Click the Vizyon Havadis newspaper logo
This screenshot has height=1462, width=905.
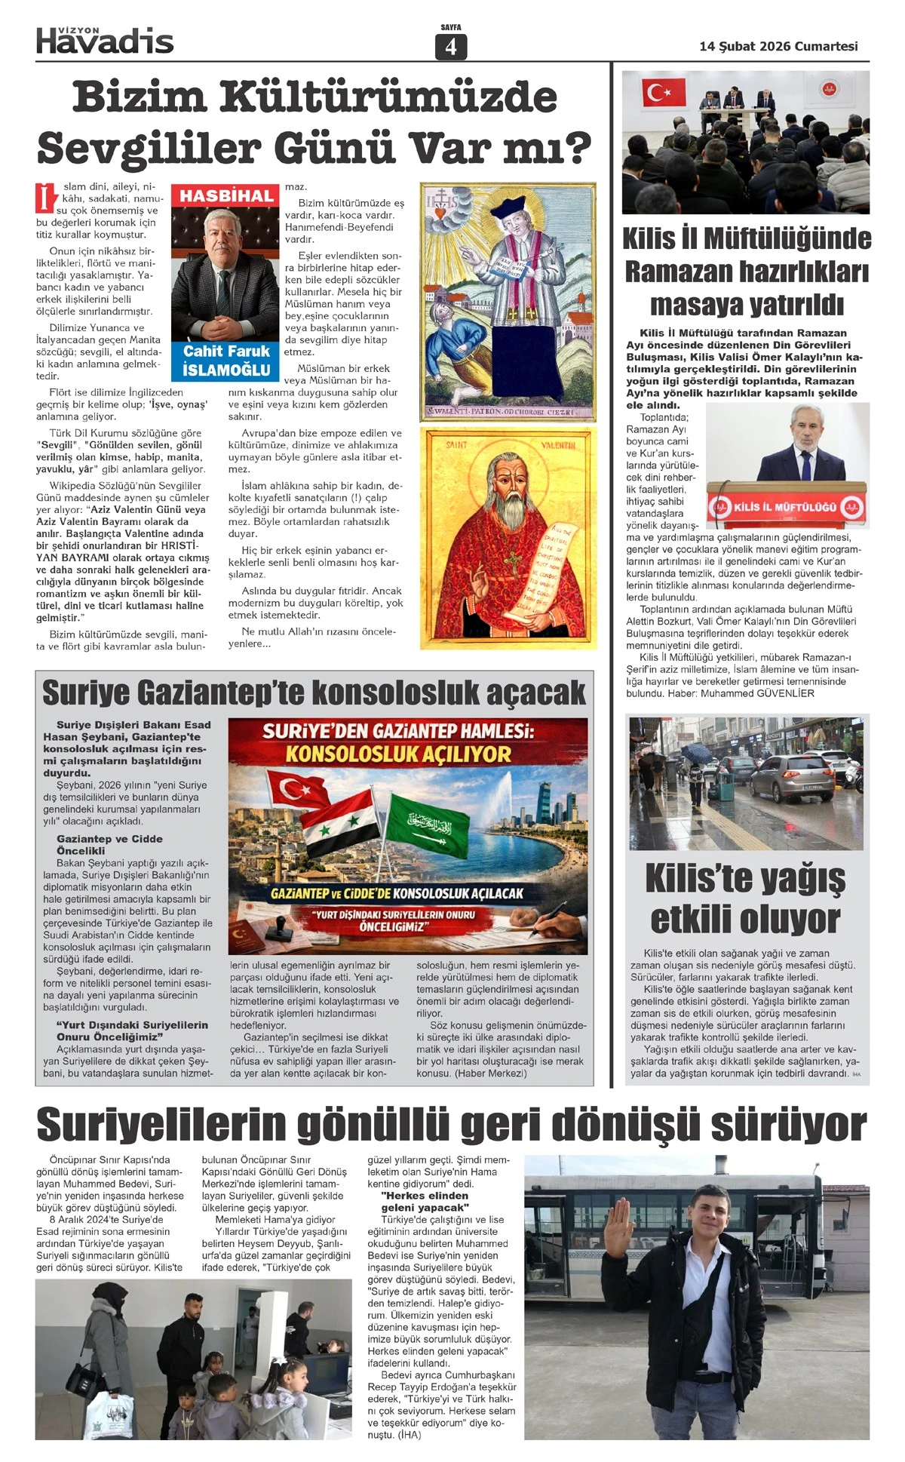click(x=105, y=40)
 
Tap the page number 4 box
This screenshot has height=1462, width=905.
click(x=451, y=47)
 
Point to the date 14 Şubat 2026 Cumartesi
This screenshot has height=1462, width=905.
click(x=778, y=46)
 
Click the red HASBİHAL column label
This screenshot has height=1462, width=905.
click(x=226, y=196)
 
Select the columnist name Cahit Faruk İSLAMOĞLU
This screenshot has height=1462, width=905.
click(x=226, y=361)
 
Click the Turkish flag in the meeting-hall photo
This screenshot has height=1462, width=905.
click(x=663, y=92)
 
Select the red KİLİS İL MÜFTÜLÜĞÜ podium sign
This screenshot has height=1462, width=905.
click(x=786, y=507)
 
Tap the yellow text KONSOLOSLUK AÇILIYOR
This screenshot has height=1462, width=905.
click(x=398, y=754)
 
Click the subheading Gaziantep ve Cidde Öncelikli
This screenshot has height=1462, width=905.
click(x=109, y=844)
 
